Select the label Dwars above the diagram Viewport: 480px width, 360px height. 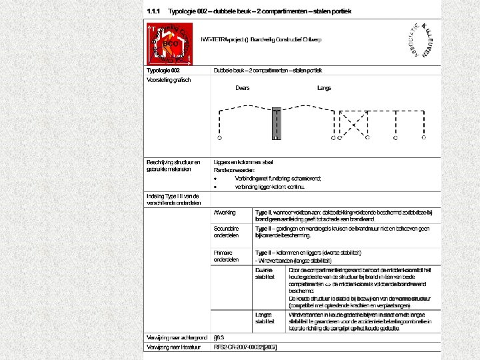tap(243, 87)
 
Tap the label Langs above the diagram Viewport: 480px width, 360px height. tap(324, 87)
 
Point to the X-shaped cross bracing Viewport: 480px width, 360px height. tap(353, 124)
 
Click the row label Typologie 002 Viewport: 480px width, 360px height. tap(163, 70)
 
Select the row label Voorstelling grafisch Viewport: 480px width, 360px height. tap(169, 80)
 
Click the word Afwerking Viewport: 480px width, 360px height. tap(225, 212)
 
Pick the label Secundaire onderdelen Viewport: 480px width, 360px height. tap(227, 232)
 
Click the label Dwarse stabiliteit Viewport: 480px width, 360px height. tap(265, 273)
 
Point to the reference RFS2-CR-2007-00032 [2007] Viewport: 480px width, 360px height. tap(245, 347)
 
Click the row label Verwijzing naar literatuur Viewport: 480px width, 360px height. tap(176, 347)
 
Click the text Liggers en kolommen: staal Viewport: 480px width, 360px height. tap(243, 162)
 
